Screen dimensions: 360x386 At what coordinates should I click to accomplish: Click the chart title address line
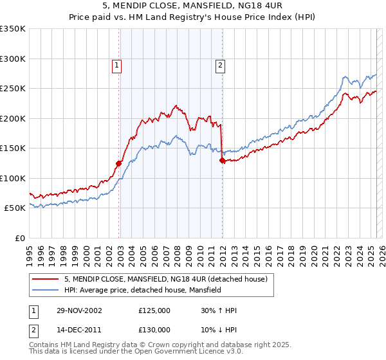tap(192, 6)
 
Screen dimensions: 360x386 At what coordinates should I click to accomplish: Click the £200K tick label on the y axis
tap(13, 118)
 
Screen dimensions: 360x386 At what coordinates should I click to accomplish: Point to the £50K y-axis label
tap(15, 208)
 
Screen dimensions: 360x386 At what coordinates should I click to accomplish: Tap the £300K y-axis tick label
tap(13, 59)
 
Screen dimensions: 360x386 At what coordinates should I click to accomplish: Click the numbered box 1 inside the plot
tap(116, 64)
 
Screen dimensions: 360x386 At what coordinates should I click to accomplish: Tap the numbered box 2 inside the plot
tap(220, 64)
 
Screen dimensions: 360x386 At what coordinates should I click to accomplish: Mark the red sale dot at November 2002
tap(119, 163)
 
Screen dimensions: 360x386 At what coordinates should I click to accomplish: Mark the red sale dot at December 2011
tap(222, 161)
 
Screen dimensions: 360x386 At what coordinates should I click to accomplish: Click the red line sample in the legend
tap(46, 279)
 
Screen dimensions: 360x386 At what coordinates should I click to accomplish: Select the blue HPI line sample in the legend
tap(46, 290)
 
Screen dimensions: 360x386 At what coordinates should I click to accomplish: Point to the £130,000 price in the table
tap(154, 330)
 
